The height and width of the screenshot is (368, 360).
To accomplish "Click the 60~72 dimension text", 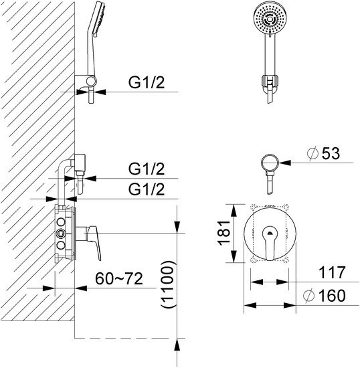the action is [x=119, y=279].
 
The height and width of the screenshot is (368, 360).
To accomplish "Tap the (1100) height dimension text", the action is [x=167, y=284].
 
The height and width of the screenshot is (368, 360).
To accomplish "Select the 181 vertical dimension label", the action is [x=224, y=233].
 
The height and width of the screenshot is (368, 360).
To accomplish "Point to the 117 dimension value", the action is [x=332, y=272].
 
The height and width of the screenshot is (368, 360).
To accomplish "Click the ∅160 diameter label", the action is [x=325, y=296].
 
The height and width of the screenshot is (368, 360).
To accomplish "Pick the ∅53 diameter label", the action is [x=323, y=153].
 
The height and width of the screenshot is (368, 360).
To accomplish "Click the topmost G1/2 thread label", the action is [x=147, y=82].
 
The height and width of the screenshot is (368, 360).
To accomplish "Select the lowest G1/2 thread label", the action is [x=147, y=189].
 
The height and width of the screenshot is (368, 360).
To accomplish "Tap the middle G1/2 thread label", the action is [x=147, y=169].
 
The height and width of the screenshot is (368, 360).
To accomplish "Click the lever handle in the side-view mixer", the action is [x=94, y=242].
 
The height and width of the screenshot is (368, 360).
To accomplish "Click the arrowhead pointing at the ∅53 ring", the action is [x=285, y=163].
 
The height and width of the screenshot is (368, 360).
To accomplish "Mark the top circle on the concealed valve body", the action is [x=61, y=221].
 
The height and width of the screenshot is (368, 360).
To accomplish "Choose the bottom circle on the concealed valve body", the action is [x=61, y=245].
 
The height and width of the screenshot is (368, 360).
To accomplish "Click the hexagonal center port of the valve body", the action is [x=62, y=234].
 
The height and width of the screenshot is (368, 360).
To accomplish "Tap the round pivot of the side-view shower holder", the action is [x=91, y=81].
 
